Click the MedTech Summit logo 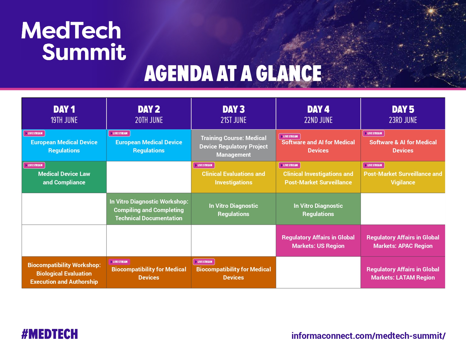[73, 41]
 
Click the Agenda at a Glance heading [233, 73]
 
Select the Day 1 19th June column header [64, 114]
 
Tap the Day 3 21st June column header [234, 114]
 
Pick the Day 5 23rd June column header [403, 114]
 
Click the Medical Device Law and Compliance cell [64, 178]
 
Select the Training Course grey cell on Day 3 [234, 146]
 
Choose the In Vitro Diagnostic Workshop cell [149, 210]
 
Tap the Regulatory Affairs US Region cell [318, 241]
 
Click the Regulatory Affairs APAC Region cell [403, 241]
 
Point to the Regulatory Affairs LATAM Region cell [403, 273]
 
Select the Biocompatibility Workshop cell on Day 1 [64, 273]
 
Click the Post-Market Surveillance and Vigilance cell [403, 178]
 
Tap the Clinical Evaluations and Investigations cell [234, 178]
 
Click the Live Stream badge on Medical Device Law [34, 165]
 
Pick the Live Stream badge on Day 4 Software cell [289, 136]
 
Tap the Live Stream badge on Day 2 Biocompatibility [119, 262]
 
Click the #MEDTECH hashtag [50, 334]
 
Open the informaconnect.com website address [368, 336]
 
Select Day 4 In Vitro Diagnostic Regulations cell [318, 210]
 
